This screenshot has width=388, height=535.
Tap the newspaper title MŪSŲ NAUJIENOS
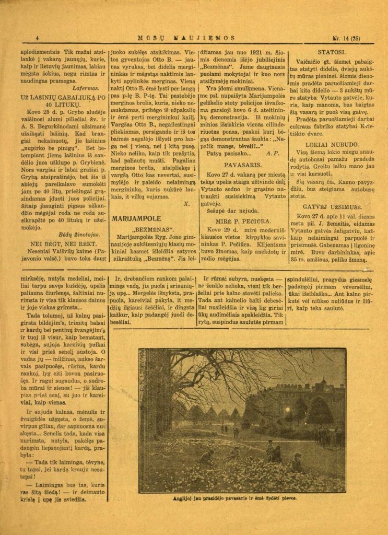(x=185, y=38)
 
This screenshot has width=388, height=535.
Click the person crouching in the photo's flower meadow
(x=208, y=458)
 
